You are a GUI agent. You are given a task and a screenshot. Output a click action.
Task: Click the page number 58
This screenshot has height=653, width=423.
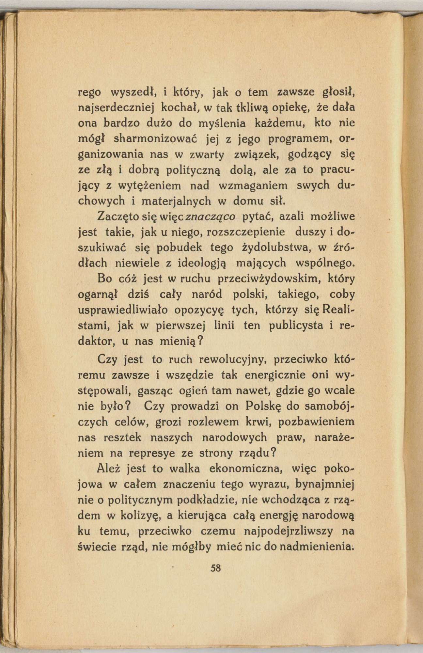click(216, 568)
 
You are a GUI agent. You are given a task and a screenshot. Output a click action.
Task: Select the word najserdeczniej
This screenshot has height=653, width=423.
click(116, 108)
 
